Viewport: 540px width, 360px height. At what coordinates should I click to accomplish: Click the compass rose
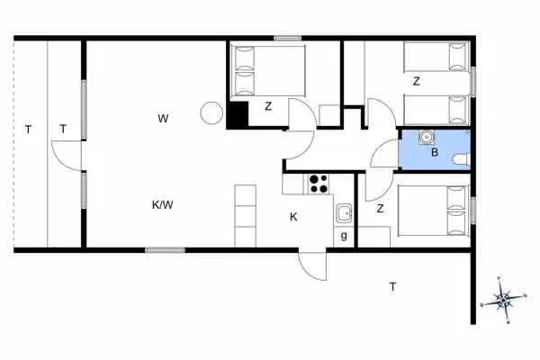tap(505, 298)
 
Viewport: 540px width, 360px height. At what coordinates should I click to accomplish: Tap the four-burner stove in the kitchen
tap(318, 183)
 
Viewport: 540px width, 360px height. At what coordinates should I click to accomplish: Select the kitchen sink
tap(343, 214)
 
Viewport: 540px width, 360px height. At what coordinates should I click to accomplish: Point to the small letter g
tap(344, 236)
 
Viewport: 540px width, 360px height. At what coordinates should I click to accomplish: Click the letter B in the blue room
tap(434, 153)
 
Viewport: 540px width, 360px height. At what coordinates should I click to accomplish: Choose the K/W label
tap(162, 205)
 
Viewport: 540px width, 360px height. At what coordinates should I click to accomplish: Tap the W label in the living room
tap(163, 118)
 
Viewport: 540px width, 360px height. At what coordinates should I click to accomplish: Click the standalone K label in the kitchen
tap(293, 217)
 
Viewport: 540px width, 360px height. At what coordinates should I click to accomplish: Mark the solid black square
tap(238, 116)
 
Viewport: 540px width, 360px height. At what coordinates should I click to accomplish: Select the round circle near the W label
tap(211, 112)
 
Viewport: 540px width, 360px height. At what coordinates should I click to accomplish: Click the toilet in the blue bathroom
tap(462, 159)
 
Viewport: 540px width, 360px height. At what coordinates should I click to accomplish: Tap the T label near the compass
tap(392, 287)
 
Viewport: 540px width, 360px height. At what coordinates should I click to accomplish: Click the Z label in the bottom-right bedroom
tap(381, 209)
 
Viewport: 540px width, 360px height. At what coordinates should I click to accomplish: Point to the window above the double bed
tap(287, 38)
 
